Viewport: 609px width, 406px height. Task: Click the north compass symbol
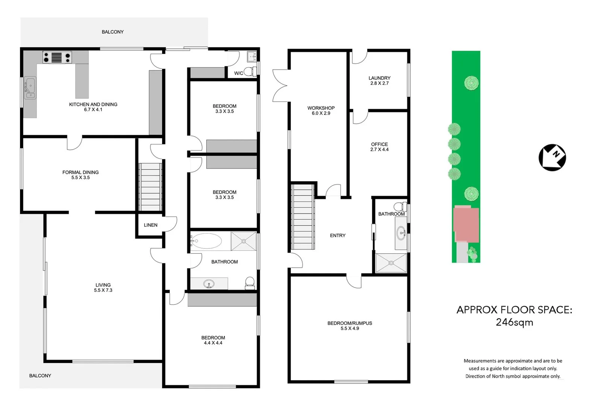coord(552,158)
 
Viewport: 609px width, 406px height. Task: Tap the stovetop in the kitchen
coord(57,58)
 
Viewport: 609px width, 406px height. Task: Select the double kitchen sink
coord(30,88)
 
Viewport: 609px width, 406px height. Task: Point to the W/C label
coord(238,73)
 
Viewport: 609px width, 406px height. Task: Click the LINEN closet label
coord(150,225)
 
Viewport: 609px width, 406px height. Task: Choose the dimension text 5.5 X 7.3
coord(103,290)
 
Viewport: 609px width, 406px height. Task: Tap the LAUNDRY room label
coord(379,78)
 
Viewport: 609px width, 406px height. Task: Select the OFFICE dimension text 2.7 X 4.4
coord(379,150)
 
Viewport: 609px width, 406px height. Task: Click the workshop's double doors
coord(280,86)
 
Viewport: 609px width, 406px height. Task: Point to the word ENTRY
coord(338,236)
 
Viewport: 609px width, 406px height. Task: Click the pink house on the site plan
coord(466,224)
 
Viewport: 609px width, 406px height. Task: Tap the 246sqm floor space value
coord(514,323)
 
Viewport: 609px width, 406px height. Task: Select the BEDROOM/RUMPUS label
coord(350,323)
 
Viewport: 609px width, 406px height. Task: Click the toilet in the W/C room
coord(248,71)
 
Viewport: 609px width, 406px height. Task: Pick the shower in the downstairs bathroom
coord(391,263)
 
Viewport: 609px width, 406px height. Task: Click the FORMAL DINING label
coord(80,172)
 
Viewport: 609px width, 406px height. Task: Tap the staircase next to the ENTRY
coord(303,217)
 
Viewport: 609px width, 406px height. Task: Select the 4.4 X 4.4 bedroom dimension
coord(213,343)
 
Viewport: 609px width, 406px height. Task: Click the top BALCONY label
coord(112,32)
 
